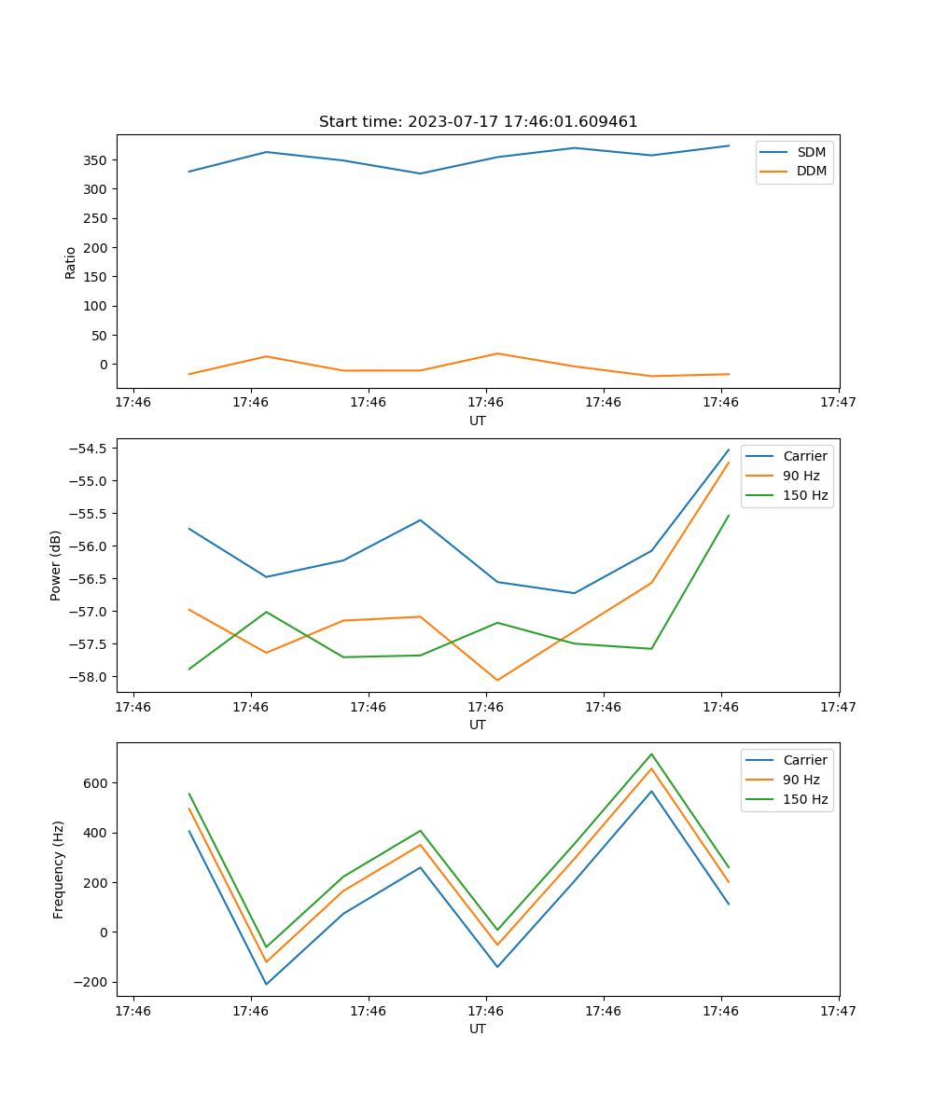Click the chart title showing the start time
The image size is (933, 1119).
(478, 122)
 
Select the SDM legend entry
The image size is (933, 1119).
(811, 152)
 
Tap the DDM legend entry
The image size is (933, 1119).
(811, 171)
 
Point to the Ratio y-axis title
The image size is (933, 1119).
(71, 262)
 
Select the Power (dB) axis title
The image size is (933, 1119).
(56, 565)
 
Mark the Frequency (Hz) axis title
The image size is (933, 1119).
(58, 869)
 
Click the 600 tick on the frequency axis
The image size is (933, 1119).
(97, 783)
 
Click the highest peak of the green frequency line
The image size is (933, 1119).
(651, 754)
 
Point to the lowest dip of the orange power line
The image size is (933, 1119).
(497, 680)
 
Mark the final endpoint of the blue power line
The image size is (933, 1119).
(729, 449)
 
